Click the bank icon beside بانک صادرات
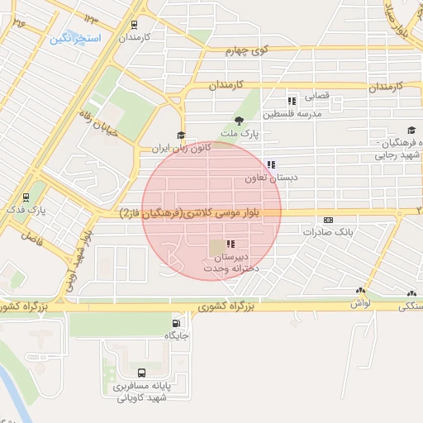click(x=329, y=220)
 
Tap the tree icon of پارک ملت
click(x=240, y=121)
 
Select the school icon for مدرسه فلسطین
click(x=291, y=100)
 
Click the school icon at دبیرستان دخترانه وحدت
click(x=229, y=245)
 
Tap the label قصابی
click(x=318, y=96)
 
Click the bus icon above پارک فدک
click(x=26, y=197)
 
